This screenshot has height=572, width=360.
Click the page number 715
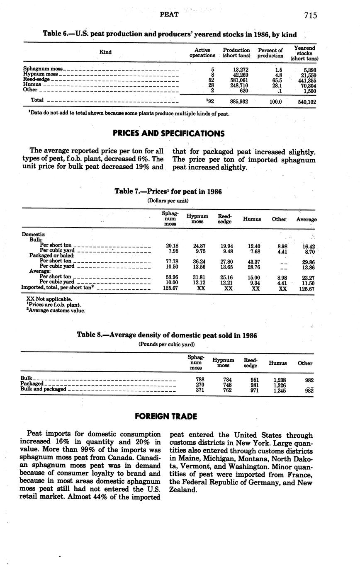[x=310, y=16]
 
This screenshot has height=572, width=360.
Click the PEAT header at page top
[x=169, y=15]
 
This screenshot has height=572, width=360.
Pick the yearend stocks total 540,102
[x=307, y=102]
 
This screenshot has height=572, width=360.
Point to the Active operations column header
[x=202, y=53]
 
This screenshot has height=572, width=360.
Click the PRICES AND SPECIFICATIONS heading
[x=168, y=133]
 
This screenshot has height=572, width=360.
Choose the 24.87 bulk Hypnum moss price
[x=199, y=246]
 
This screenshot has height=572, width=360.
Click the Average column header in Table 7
[x=306, y=219]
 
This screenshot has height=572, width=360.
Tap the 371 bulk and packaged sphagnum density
[x=200, y=390]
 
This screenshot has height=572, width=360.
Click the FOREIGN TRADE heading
[x=166, y=416]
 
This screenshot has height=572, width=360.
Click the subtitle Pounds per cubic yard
[x=166, y=344]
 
